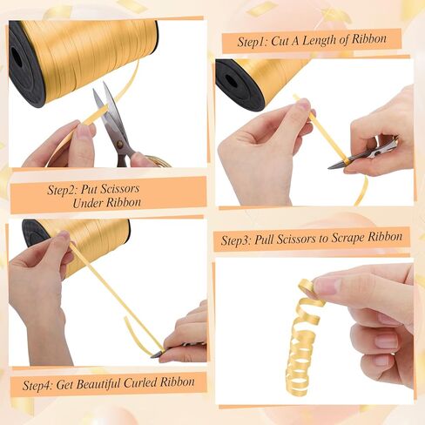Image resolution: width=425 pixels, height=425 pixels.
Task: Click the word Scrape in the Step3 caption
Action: click(x=348, y=238)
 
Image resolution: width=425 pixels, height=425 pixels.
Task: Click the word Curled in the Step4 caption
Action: click(x=140, y=382)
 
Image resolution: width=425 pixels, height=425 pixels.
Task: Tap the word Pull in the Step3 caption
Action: click(x=264, y=239)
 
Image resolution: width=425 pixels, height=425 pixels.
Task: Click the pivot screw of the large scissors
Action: click(x=119, y=144)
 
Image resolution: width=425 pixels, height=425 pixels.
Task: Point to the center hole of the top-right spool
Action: click(x=232, y=82)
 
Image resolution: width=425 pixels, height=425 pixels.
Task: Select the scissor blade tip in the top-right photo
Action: click(x=329, y=167)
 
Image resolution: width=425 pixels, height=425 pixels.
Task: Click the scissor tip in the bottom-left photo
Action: click(x=152, y=356)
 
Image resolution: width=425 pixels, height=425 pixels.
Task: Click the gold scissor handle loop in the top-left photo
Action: click(x=159, y=161)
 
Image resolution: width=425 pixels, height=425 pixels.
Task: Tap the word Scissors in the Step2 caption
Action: click(x=120, y=189)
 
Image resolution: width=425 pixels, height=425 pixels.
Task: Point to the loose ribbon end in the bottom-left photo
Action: click(x=126, y=320)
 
